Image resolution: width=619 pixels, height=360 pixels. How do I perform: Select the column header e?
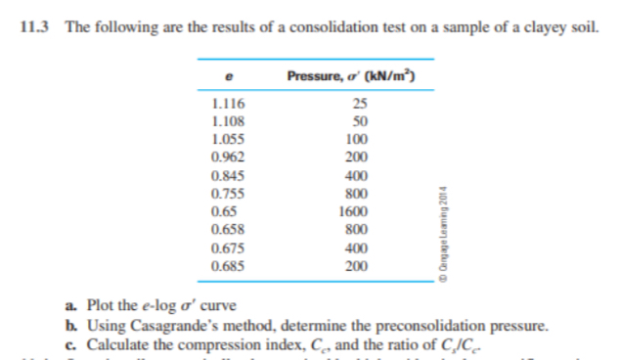[x=227, y=76]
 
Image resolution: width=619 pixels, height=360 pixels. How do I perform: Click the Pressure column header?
[x=353, y=76]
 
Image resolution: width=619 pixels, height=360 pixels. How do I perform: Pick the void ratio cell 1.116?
[x=227, y=104]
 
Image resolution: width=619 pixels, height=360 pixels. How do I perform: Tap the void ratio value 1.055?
[x=227, y=139]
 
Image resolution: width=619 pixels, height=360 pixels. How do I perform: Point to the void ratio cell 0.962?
[x=227, y=157]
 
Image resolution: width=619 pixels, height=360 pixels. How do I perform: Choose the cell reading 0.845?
[x=227, y=176]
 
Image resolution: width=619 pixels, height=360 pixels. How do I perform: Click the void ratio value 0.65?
[x=223, y=211]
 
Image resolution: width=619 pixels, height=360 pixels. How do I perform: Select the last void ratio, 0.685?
[x=227, y=265]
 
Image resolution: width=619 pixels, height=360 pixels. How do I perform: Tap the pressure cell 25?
[x=360, y=104]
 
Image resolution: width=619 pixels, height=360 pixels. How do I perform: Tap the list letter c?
[x=78, y=342]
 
